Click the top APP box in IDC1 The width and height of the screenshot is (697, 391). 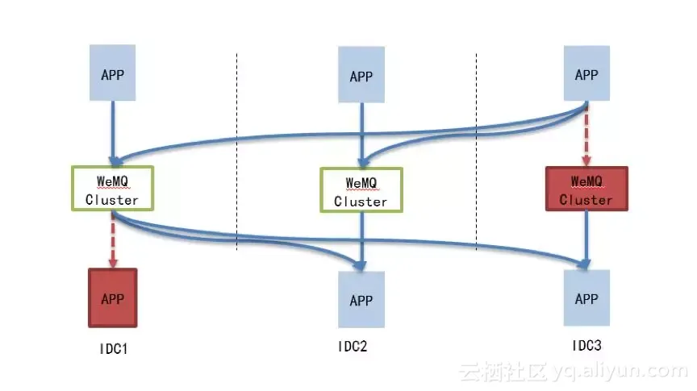(113, 75)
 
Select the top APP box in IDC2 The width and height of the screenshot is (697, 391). (361, 77)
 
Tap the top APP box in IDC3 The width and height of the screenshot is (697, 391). (586, 74)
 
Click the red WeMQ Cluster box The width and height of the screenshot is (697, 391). (586, 189)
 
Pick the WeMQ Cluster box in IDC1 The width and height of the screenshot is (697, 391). (112, 187)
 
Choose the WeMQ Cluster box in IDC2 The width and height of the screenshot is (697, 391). (361, 190)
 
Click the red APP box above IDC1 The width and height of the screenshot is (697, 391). (112, 297)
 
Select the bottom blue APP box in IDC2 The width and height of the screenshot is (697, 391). (361, 300)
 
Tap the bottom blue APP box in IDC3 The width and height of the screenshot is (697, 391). (586, 297)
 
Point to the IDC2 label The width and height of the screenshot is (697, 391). (353, 347)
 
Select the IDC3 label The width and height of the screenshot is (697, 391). (586, 345)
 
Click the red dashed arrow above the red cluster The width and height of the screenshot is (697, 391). (586, 135)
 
